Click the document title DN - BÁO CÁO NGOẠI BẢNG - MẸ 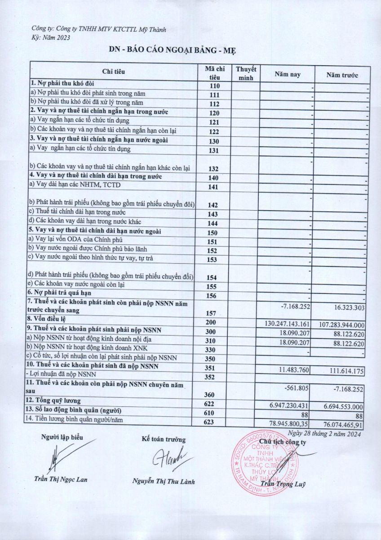(x=190, y=49)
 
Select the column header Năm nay (x=288, y=75)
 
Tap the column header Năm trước (x=342, y=75)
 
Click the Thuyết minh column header (x=246, y=74)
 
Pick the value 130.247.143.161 (x=288, y=324)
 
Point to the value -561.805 (x=301, y=387)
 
